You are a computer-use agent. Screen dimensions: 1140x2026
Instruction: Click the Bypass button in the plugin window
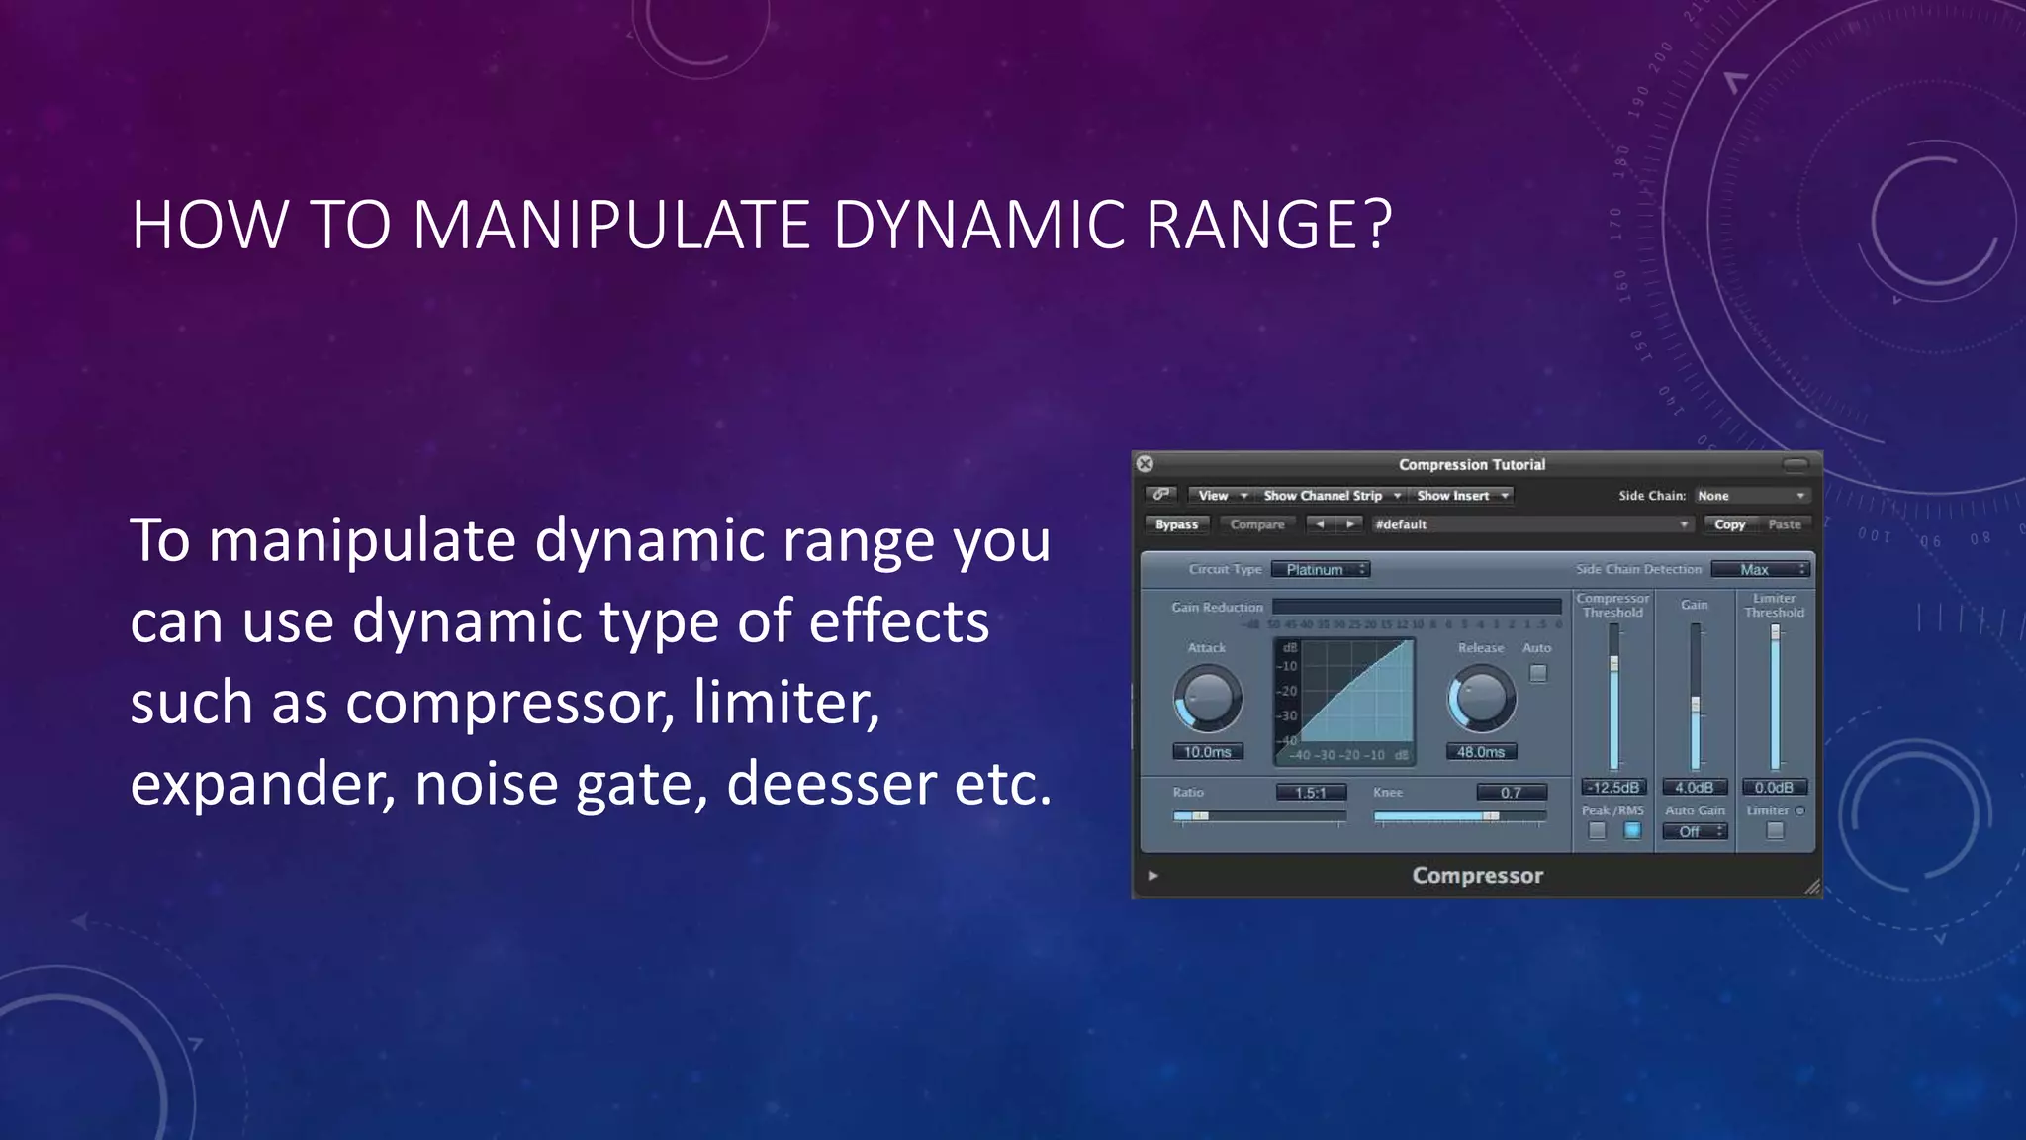tap(1176, 524)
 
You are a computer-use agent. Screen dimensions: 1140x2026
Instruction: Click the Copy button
tap(1729, 524)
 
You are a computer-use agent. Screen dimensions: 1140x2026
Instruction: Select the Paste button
tap(1785, 524)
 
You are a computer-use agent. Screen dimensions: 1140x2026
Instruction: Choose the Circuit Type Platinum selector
tap(1321, 569)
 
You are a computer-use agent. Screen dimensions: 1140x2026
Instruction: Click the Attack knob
tap(1208, 698)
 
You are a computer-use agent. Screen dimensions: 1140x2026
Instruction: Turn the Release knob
tap(1482, 698)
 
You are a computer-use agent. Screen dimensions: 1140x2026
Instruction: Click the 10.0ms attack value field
tap(1208, 752)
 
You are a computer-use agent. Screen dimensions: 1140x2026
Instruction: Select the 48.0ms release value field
tap(1481, 752)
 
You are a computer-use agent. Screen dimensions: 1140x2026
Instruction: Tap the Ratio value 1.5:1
tap(1311, 793)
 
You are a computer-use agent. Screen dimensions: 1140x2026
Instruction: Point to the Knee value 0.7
tap(1511, 793)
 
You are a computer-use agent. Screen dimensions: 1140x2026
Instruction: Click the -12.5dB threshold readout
tap(1613, 788)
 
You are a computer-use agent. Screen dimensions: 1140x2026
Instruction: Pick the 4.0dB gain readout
tap(1695, 788)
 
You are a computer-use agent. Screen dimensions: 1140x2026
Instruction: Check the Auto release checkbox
tap(1538, 673)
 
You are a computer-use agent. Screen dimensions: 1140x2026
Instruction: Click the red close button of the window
tap(1145, 464)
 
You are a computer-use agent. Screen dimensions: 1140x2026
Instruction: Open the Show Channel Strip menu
tap(1331, 496)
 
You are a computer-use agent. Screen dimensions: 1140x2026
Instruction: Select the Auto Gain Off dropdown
tap(1695, 832)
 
